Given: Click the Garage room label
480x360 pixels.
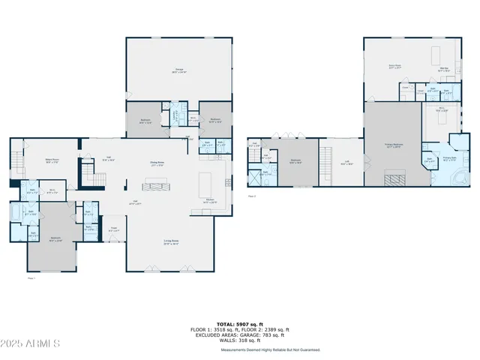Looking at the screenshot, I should (180, 71).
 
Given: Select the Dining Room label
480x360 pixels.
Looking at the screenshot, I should (157, 163).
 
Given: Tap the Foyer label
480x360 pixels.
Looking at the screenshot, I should (114, 228).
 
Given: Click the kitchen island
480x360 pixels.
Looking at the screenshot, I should (206, 184).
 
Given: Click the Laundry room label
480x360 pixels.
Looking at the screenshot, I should (175, 114).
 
